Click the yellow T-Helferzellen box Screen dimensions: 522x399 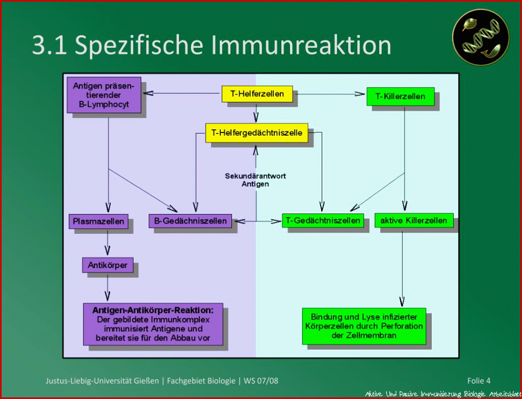[x=257, y=94]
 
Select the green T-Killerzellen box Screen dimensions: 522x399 [x=401, y=97]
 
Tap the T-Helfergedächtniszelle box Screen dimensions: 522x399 [x=257, y=132]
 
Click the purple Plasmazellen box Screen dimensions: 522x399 [x=98, y=221]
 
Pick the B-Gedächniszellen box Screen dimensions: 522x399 [x=190, y=221]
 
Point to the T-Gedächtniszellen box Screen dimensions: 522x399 [x=323, y=220]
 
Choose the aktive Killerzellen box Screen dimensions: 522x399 [x=414, y=220]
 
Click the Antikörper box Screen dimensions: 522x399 [x=107, y=265]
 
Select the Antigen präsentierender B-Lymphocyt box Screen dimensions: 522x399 [x=104, y=95]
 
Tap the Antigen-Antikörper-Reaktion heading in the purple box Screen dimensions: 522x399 [x=153, y=310]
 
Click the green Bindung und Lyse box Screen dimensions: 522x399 [x=364, y=326]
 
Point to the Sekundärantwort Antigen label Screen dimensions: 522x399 [x=255, y=180]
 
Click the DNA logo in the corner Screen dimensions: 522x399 [x=481, y=37]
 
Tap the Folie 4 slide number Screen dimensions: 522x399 [x=479, y=381]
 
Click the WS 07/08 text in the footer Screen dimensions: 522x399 [x=261, y=381]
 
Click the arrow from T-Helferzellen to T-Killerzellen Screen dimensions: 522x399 [x=330, y=94]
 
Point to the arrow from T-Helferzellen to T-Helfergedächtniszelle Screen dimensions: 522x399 [x=256, y=113]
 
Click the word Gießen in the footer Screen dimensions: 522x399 [x=147, y=381]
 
